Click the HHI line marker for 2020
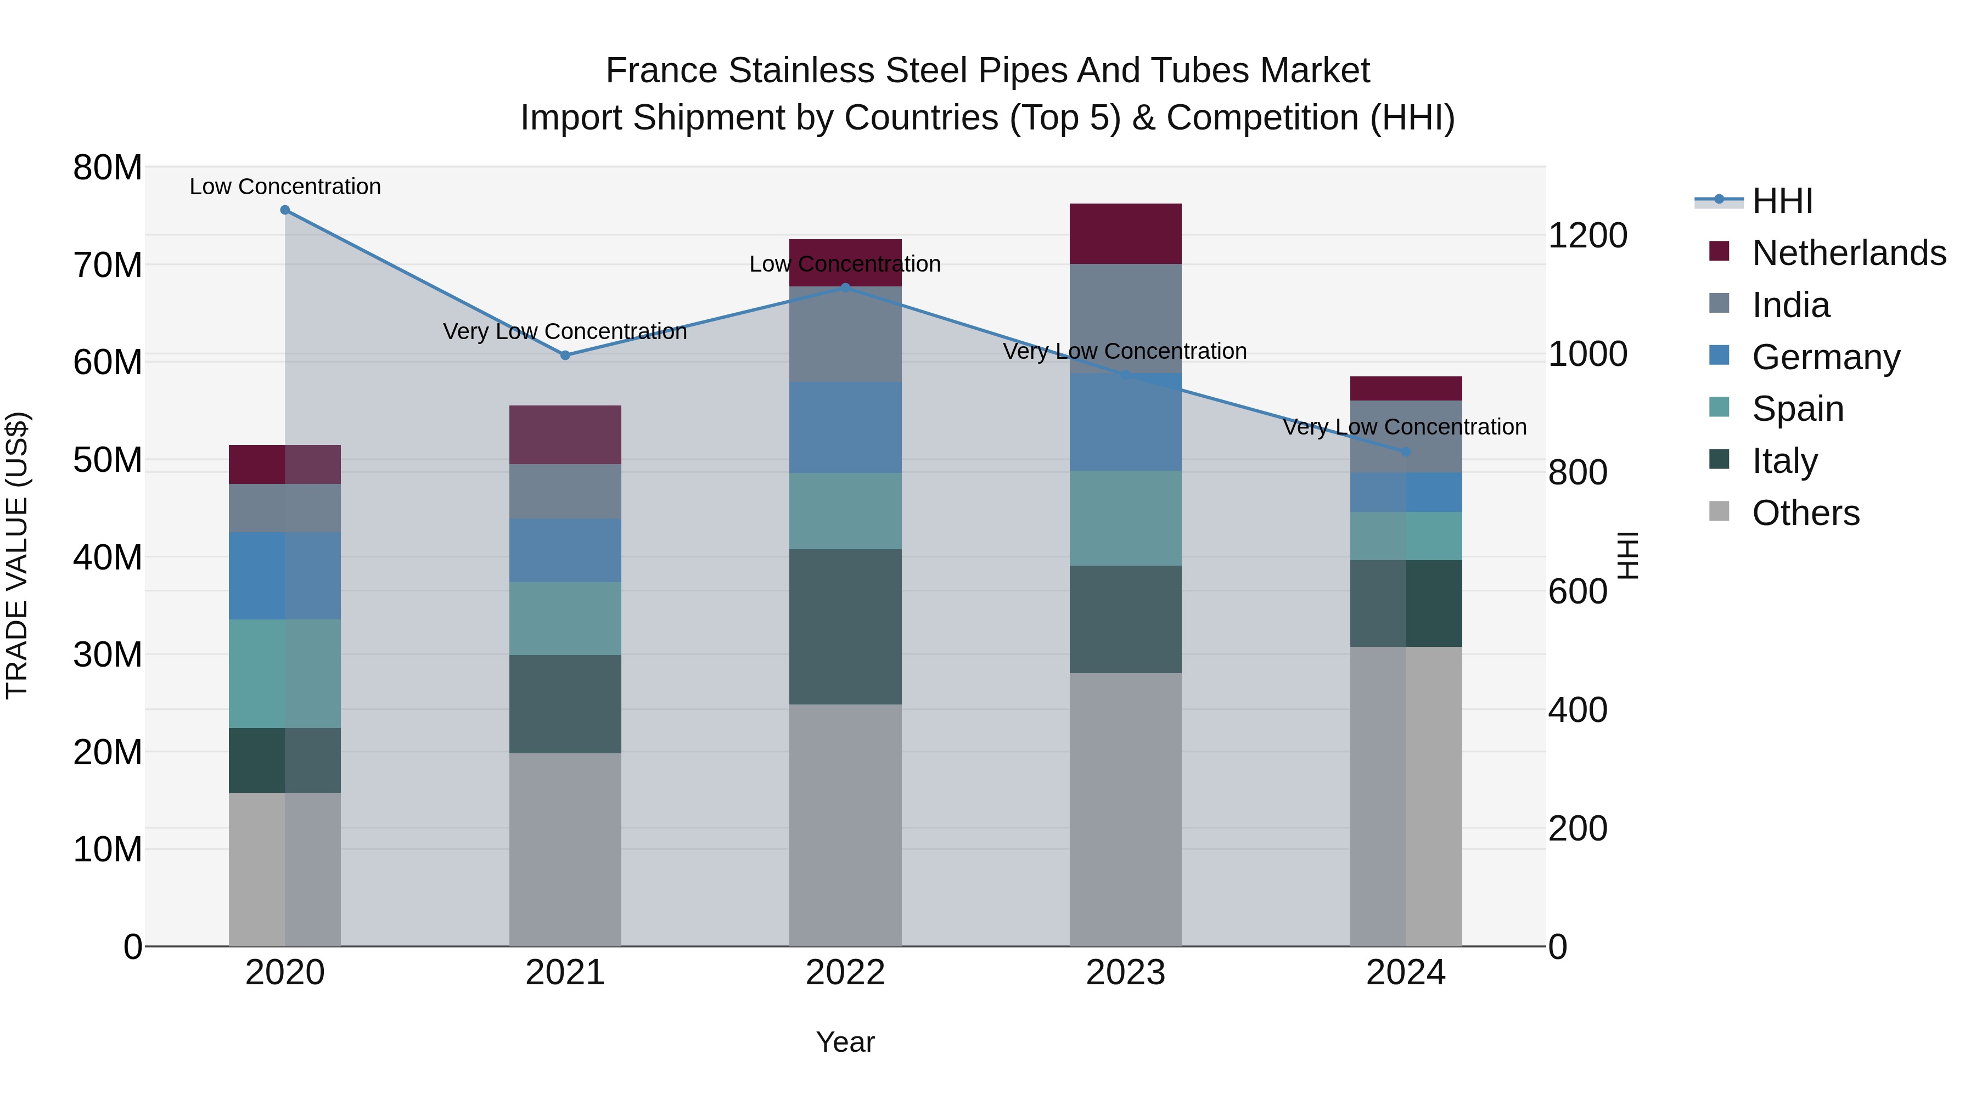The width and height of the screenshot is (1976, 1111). (284, 210)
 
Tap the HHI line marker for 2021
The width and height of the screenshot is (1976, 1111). (565, 355)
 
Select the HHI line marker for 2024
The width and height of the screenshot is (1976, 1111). (1406, 452)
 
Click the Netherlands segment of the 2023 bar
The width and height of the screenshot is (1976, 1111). (1125, 234)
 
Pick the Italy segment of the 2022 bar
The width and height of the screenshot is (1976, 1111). (845, 627)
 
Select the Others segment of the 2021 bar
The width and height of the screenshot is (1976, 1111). (565, 849)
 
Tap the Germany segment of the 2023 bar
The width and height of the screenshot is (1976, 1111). (1125, 422)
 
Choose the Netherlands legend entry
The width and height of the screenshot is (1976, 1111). (1849, 253)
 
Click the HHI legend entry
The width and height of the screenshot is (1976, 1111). (1782, 201)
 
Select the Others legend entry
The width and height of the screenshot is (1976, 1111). (1806, 513)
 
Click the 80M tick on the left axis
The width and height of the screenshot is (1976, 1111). (108, 168)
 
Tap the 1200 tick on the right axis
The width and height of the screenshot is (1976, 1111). (1587, 235)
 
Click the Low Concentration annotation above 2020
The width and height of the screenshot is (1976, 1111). (284, 187)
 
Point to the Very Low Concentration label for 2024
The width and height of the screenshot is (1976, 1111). (1405, 427)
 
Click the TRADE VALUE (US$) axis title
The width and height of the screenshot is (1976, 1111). (17, 555)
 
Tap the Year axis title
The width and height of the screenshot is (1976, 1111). (845, 1042)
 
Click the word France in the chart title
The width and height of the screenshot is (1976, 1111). (662, 71)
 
